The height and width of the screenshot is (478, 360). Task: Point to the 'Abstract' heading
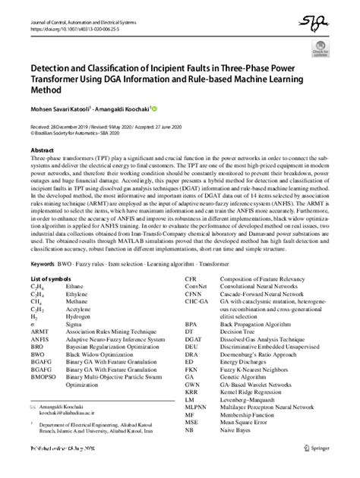(42, 151)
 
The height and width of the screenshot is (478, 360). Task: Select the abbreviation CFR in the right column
(192, 280)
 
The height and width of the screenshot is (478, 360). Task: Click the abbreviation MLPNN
(196, 427)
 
